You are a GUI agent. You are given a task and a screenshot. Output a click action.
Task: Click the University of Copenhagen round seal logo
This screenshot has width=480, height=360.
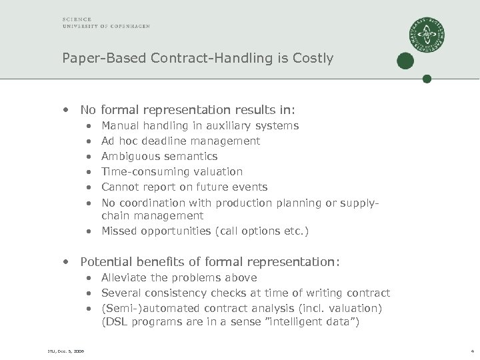427,34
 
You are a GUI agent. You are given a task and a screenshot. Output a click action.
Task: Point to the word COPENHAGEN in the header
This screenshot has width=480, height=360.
131,26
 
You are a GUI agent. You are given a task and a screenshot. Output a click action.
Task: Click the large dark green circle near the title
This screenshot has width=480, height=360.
404,61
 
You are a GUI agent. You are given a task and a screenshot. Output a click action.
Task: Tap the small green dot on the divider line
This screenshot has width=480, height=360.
427,79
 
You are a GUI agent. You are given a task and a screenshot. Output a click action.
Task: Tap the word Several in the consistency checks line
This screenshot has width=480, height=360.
120,293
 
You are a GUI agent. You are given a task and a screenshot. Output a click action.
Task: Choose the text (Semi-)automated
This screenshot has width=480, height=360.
141,308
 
